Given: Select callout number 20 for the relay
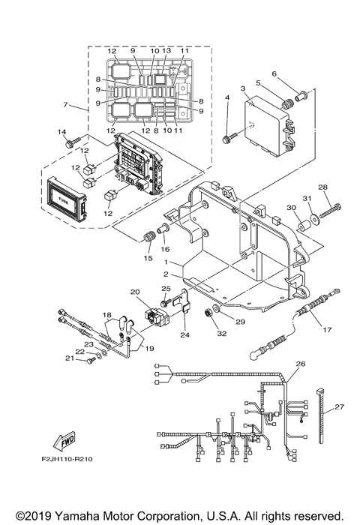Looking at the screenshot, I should (x=135, y=292).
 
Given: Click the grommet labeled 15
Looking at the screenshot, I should (x=147, y=238).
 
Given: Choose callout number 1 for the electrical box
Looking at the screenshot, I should (x=171, y=262).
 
